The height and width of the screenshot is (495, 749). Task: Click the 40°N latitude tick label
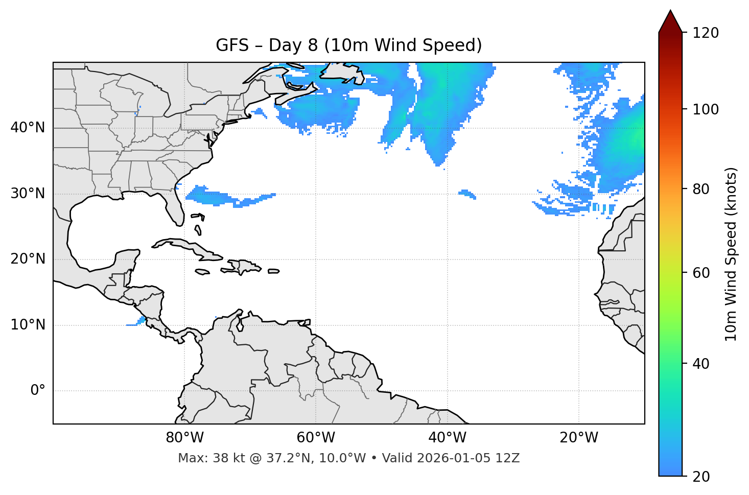(28, 128)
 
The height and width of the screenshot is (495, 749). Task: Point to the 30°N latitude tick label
(28, 194)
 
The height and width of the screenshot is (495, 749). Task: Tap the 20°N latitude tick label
(28, 259)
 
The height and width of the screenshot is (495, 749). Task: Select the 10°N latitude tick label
(28, 325)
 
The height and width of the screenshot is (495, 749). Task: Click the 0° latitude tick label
(38, 391)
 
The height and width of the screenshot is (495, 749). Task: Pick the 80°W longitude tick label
(184, 438)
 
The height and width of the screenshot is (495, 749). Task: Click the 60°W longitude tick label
(316, 438)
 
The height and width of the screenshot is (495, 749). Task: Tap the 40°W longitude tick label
(447, 438)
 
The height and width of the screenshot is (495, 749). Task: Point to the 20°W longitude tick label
(579, 438)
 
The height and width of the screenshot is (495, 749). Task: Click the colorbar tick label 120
(706, 33)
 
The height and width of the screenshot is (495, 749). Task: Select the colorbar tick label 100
(706, 109)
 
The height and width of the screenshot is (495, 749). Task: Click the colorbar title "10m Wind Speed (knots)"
(731, 254)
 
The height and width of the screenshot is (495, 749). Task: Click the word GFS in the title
(232, 45)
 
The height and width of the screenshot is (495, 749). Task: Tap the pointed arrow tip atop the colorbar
(670, 11)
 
